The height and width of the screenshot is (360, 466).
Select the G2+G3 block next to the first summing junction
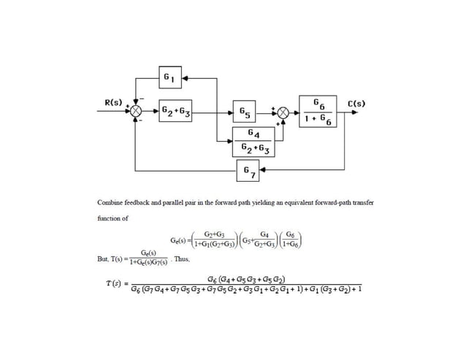pos(175,114)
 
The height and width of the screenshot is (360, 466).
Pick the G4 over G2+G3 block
pos(253,141)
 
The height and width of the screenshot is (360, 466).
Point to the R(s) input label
pos(113,103)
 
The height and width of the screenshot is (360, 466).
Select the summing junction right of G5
pos(284,114)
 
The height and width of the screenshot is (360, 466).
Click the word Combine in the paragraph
pos(111,199)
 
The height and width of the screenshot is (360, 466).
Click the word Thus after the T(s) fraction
pos(182,258)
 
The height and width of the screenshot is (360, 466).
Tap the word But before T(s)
pos(104,258)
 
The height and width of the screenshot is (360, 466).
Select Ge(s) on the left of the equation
pos(176,239)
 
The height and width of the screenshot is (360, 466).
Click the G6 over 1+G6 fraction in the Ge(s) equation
pos(292,239)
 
